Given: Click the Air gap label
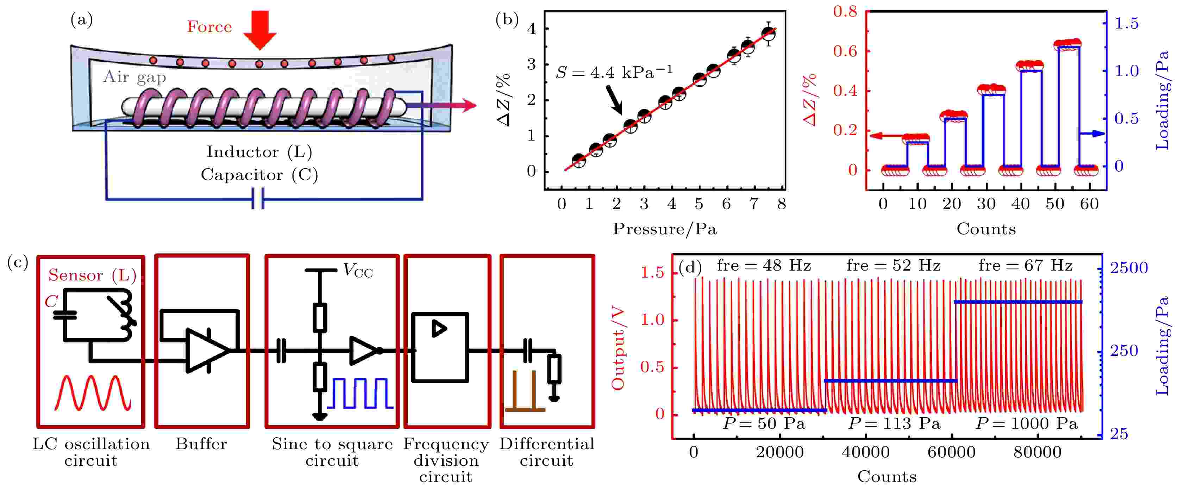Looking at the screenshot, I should [x=134, y=77].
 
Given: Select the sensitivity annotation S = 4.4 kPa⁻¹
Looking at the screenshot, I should [x=614, y=72].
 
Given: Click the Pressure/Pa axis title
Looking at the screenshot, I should [x=664, y=229].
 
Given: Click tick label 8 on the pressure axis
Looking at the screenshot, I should [x=781, y=204].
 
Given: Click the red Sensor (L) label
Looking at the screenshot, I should [x=92, y=275].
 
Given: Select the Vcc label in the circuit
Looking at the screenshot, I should [x=358, y=271].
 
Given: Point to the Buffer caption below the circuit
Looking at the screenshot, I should [x=201, y=444].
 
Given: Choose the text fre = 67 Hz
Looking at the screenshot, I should [x=1025, y=265].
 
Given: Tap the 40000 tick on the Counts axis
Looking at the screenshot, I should [x=866, y=452].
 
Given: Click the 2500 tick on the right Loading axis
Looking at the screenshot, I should [x=1129, y=268].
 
